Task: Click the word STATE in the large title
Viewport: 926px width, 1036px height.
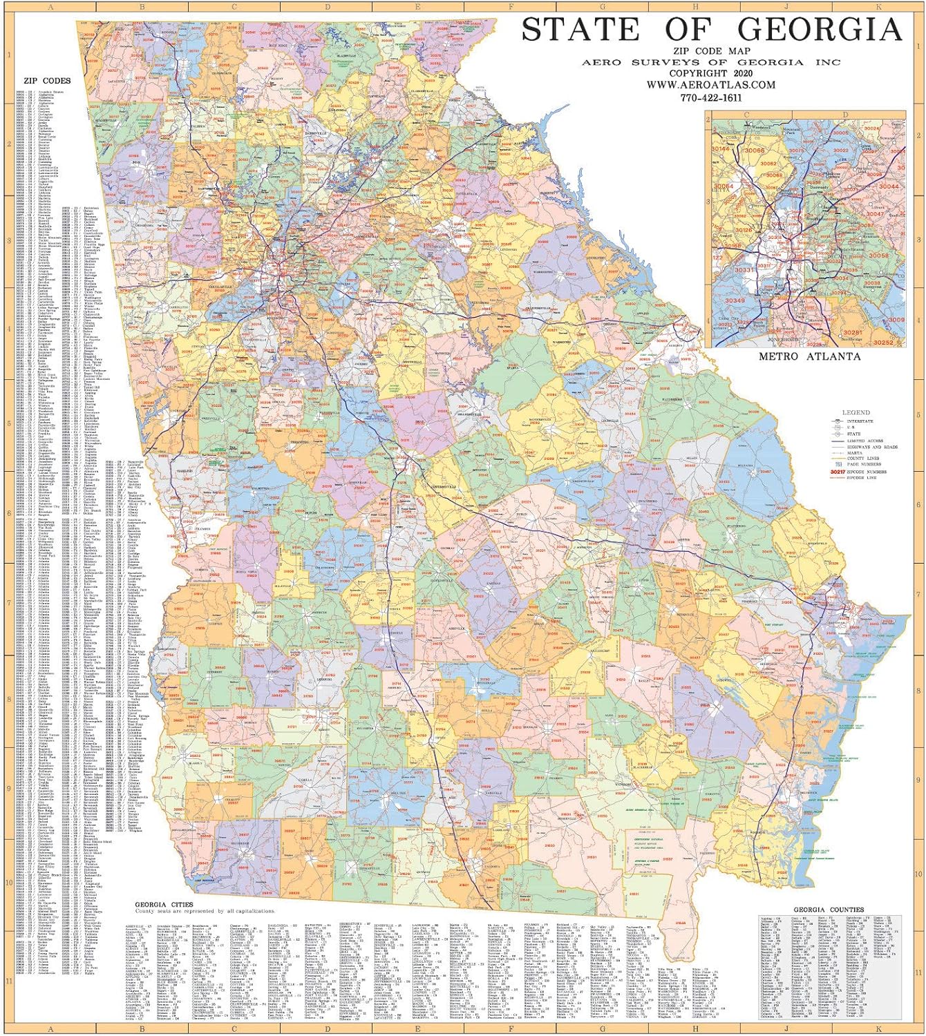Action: (x=580, y=30)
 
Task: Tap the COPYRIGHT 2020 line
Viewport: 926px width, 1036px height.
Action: (x=711, y=73)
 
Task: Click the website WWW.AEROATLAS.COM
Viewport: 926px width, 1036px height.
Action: (x=711, y=85)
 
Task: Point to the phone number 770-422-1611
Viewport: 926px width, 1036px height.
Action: (x=711, y=98)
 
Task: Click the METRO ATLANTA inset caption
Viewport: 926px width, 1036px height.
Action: (x=809, y=356)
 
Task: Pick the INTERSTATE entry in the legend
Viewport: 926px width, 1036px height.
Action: (x=860, y=421)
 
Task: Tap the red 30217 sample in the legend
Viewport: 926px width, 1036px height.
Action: (x=837, y=472)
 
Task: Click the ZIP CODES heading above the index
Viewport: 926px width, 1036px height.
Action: (x=47, y=81)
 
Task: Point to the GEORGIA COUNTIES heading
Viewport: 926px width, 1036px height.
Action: (x=828, y=910)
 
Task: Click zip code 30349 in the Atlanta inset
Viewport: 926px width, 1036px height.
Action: (x=734, y=300)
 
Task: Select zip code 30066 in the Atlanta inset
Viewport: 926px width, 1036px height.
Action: (x=754, y=151)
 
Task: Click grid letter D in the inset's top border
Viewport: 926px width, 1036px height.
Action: (x=844, y=115)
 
